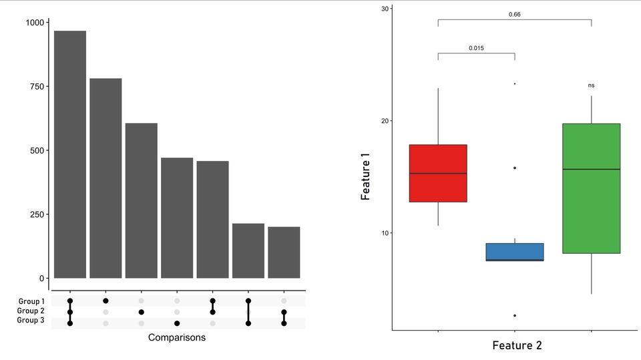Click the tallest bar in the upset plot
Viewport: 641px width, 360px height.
(x=70, y=154)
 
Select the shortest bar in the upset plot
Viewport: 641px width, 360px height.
(x=284, y=252)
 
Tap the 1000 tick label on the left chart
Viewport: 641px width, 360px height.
(x=35, y=23)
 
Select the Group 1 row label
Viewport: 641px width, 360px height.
(x=31, y=301)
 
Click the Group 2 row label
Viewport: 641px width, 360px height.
(x=31, y=311)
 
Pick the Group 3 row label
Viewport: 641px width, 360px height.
(x=31, y=321)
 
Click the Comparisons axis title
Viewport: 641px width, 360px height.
(x=177, y=338)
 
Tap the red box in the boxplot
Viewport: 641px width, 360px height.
(x=438, y=173)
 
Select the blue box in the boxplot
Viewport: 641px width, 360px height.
(x=515, y=252)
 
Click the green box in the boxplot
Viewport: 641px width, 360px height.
(x=591, y=188)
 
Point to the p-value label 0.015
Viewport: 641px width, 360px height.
(x=476, y=48)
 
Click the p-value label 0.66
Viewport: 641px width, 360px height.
(x=515, y=14)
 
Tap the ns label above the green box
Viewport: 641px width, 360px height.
(x=591, y=85)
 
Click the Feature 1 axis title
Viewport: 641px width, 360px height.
(x=365, y=176)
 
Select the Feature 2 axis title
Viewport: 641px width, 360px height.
(x=517, y=345)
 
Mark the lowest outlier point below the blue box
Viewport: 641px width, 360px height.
(x=515, y=315)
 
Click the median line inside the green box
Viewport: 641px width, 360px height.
(x=591, y=170)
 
